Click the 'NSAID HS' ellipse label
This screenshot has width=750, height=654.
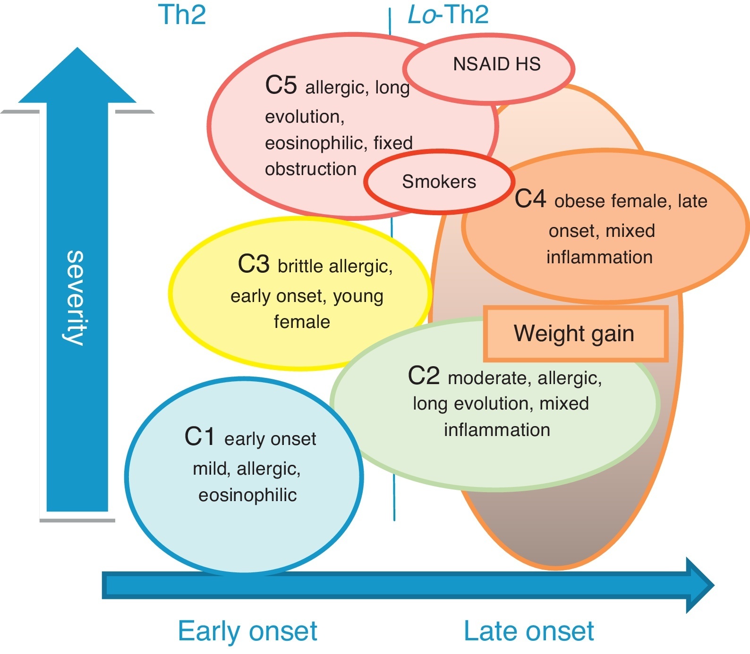click(x=497, y=64)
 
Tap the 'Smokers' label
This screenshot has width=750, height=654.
click(x=439, y=182)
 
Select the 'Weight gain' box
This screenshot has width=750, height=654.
click(x=576, y=334)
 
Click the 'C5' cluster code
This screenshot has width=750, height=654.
click(x=281, y=85)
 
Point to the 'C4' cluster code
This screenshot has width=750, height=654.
click(x=530, y=199)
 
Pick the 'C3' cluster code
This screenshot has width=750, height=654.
click(x=254, y=264)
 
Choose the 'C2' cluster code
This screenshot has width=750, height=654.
click(x=424, y=376)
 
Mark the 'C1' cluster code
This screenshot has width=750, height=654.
click(x=200, y=436)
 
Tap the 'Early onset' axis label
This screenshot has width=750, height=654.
click(x=247, y=631)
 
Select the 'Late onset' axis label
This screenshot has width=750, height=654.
click(x=529, y=631)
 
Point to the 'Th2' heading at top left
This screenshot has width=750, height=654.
click(x=182, y=15)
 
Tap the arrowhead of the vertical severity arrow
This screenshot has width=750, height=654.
click(x=77, y=75)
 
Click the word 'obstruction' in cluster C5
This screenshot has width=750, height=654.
click(x=311, y=169)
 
